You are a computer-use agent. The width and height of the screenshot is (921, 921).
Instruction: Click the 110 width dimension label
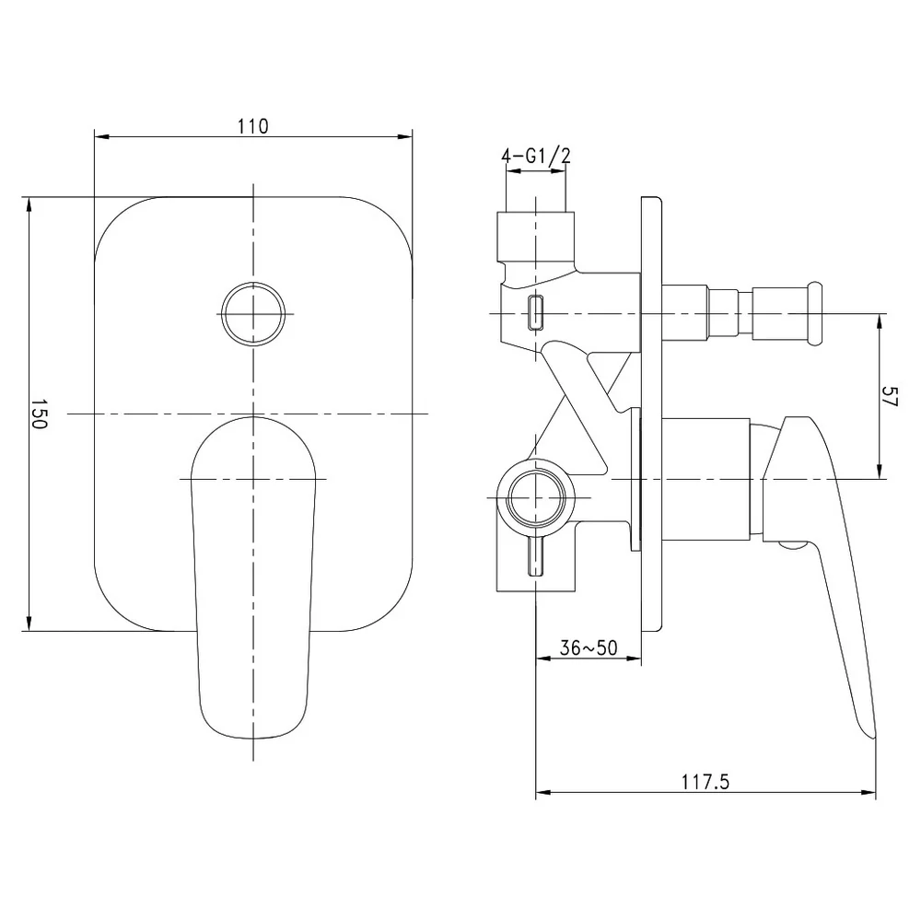coord(253,126)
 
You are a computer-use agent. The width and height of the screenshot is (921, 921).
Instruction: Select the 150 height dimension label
coord(38,414)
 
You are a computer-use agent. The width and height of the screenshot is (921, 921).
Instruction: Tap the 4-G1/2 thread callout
coord(536,156)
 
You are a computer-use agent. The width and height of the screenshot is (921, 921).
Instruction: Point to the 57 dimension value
coord(890,396)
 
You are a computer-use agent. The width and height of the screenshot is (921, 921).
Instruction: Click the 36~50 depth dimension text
coord(589,647)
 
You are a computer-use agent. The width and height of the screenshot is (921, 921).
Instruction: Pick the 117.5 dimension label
coord(705,782)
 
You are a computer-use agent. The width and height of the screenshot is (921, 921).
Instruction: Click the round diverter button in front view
coord(253,314)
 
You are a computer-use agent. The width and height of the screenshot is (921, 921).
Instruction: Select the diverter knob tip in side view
coord(815,314)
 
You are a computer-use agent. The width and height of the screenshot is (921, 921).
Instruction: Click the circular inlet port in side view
coord(535,498)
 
